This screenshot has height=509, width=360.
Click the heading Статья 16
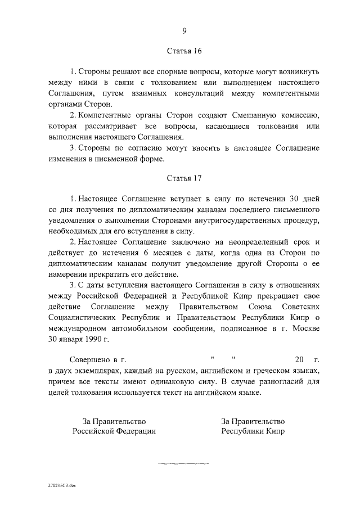click(184, 51)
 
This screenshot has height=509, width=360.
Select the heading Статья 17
click(184, 178)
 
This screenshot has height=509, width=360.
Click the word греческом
click(268, 371)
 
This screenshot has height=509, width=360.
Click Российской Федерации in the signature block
click(114, 432)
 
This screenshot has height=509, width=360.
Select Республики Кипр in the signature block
click(253, 432)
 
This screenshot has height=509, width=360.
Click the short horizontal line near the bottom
click(184, 463)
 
